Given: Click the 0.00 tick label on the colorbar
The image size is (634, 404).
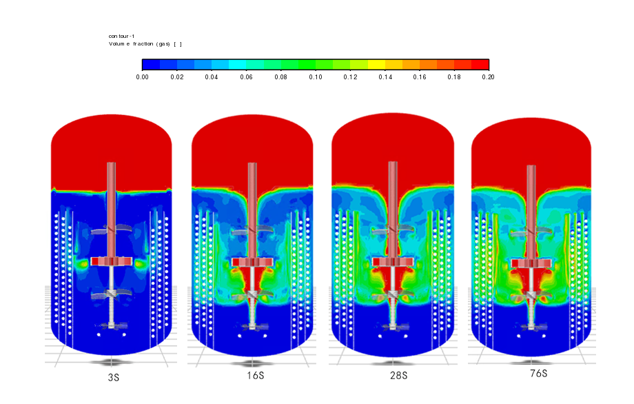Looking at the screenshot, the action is point(143,77).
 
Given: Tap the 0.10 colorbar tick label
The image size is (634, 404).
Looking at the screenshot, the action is point(316,77).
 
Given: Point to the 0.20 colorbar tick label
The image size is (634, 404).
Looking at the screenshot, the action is point(488,77).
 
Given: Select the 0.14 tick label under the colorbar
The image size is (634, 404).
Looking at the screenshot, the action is point(385,77).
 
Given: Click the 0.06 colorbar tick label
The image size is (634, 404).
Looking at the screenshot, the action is point(246,77).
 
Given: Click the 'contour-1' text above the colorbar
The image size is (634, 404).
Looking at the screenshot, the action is point(122,37).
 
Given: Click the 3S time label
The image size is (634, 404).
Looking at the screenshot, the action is point(114,377).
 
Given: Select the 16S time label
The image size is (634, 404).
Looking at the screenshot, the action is point(256,376).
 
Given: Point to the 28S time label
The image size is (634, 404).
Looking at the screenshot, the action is point(399,376).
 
